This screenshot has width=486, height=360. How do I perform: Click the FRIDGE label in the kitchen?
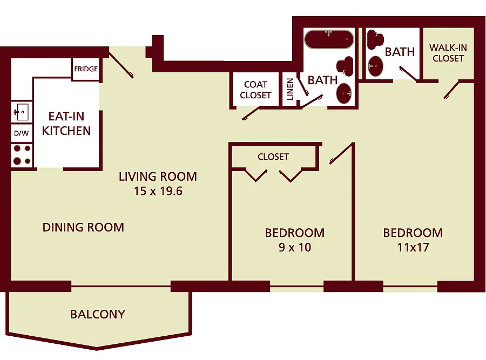point(86,69)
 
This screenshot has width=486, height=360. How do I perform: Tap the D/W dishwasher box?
point(21,133)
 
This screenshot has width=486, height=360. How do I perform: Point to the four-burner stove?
point(21,154)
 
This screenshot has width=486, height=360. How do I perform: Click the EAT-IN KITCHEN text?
point(66,124)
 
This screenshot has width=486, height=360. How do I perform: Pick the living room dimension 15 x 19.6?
point(158,191)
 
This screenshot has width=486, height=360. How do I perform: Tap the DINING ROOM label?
point(83,227)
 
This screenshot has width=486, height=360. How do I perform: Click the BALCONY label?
point(97,314)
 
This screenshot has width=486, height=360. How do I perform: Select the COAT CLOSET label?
point(255,90)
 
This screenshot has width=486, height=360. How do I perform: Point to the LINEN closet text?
point(290,89)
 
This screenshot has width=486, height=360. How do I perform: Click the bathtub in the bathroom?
point(328,40)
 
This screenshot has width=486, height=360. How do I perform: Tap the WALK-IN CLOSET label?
point(448,53)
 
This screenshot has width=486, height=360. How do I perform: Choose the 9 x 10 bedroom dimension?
point(294,248)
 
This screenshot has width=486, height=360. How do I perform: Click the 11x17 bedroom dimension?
point(413,248)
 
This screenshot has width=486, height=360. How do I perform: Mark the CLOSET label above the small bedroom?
point(273,157)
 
